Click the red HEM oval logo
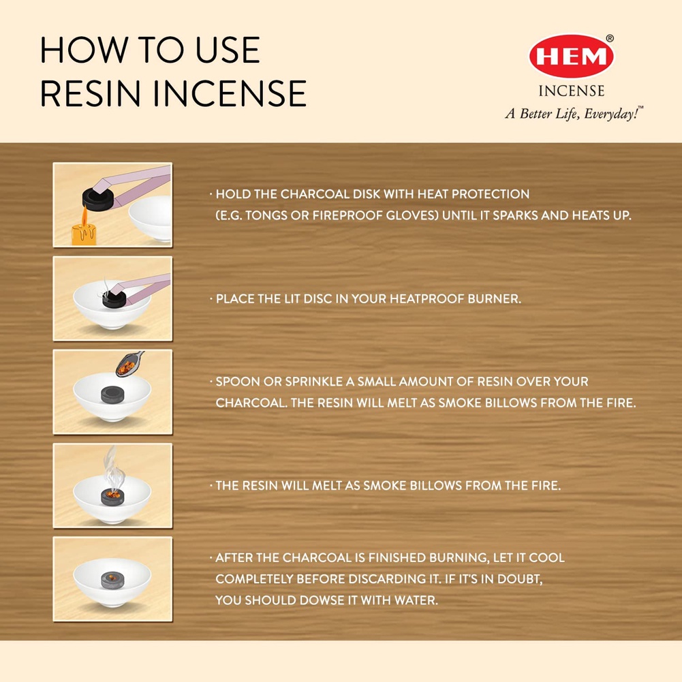pyautogui.click(x=571, y=57)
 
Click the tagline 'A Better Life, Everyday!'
pyautogui.click(x=574, y=114)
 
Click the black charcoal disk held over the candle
pyautogui.click(x=98, y=199)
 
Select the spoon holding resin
pyautogui.click(x=129, y=364)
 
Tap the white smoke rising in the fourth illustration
pyautogui.click(x=113, y=469)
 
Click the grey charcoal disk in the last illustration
pyautogui.click(x=112, y=580)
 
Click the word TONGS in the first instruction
pyautogui.click(x=264, y=215)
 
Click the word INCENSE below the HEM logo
pyautogui.click(x=572, y=91)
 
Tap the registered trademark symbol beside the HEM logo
pyautogui.click(x=610, y=38)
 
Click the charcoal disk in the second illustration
pyautogui.click(x=114, y=298)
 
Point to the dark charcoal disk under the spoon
pyautogui.click(x=112, y=395)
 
